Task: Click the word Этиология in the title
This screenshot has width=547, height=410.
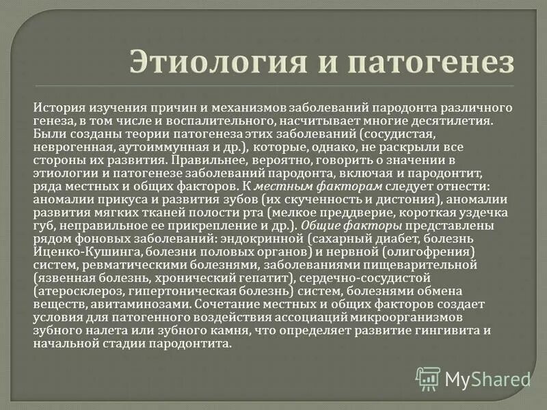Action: tap(203, 62)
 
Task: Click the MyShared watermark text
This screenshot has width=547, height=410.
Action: tap(488, 378)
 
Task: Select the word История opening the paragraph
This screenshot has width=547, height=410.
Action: tap(59, 108)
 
